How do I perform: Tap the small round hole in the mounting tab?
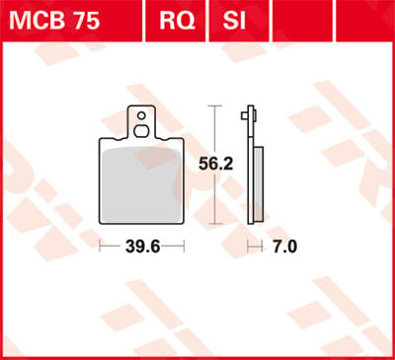144,114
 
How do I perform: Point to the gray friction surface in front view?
143,187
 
